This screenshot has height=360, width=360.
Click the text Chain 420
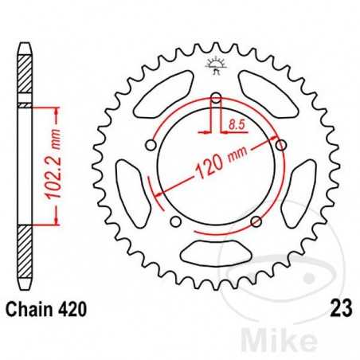(x=48, y=311)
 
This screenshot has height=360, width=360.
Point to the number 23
(x=334, y=311)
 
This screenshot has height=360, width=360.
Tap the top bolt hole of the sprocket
(x=216, y=100)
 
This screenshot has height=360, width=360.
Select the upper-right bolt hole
(x=280, y=144)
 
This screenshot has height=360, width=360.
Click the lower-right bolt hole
(x=255, y=221)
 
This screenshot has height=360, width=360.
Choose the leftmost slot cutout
(x=131, y=186)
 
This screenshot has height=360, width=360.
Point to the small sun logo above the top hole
(x=216, y=66)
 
